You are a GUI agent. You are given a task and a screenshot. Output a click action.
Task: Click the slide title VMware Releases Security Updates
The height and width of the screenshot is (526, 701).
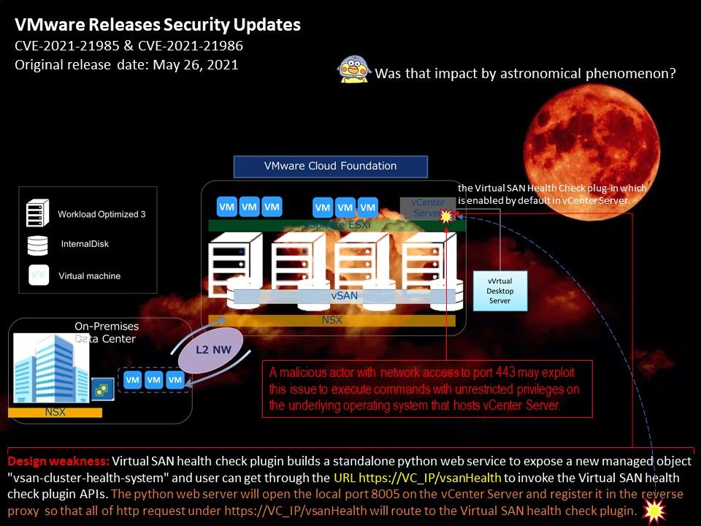point(158,25)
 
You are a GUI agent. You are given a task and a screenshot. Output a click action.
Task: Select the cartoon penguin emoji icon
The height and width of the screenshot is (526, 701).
point(353,71)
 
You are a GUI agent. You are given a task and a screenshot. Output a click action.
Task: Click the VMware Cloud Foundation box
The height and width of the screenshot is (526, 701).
point(330,166)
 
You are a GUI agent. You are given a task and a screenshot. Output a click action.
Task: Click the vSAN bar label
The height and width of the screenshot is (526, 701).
point(344,296)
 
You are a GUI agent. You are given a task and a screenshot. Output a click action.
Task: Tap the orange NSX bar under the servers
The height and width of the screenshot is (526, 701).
point(332,320)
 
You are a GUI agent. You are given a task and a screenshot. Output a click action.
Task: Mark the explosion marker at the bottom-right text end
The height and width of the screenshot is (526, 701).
point(654,511)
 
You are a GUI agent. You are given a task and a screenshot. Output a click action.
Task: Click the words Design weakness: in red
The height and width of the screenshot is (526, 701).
point(58,462)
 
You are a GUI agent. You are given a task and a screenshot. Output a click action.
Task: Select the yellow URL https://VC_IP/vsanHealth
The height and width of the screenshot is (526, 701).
point(418,479)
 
